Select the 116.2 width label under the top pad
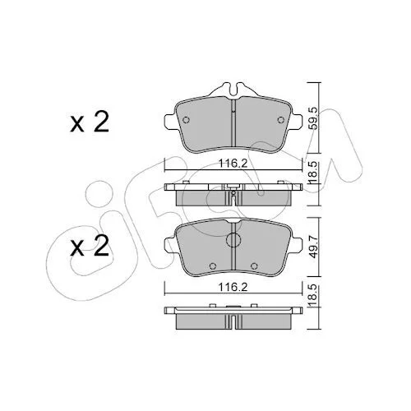[x=233, y=164]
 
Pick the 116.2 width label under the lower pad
[x=233, y=287]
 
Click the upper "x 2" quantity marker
[x=90, y=122]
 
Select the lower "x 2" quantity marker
[x=90, y=246]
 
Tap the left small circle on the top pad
[x=186, y=120]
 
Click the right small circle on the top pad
[x=280, y=120]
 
